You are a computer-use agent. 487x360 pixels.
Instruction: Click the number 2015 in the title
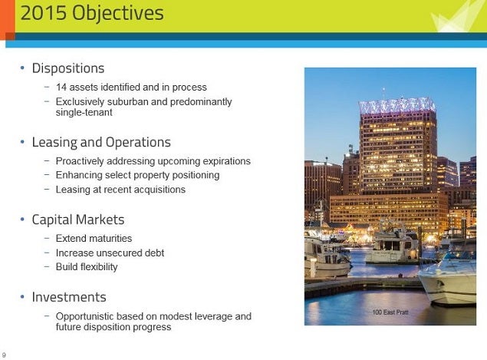click(x=44, y=13)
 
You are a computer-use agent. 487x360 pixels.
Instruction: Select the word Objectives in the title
click(x=118, y=14)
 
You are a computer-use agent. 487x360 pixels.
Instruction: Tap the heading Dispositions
click(x=68, y=68)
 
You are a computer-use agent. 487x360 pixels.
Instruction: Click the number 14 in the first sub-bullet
click(x=61, y=87)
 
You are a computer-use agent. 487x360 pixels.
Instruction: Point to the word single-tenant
click(x=84, y=112)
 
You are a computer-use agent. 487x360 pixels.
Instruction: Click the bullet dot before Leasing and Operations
click(x=22, y=142)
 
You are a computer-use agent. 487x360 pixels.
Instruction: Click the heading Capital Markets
click(x=78, y=220)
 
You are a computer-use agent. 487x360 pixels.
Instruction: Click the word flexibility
click(x=99, y=267)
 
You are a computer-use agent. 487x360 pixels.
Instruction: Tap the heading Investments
click(x=69, y=297)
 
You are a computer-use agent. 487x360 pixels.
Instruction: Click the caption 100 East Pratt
click(x=390, y=312)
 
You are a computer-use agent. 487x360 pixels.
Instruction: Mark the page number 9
click(x=4, y=355)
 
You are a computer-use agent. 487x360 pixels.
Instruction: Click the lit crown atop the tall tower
click(x=397, y=105)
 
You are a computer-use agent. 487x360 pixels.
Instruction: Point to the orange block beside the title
click(x=8, y=20)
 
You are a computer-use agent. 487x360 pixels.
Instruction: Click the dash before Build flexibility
click(x=47, y=266)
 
